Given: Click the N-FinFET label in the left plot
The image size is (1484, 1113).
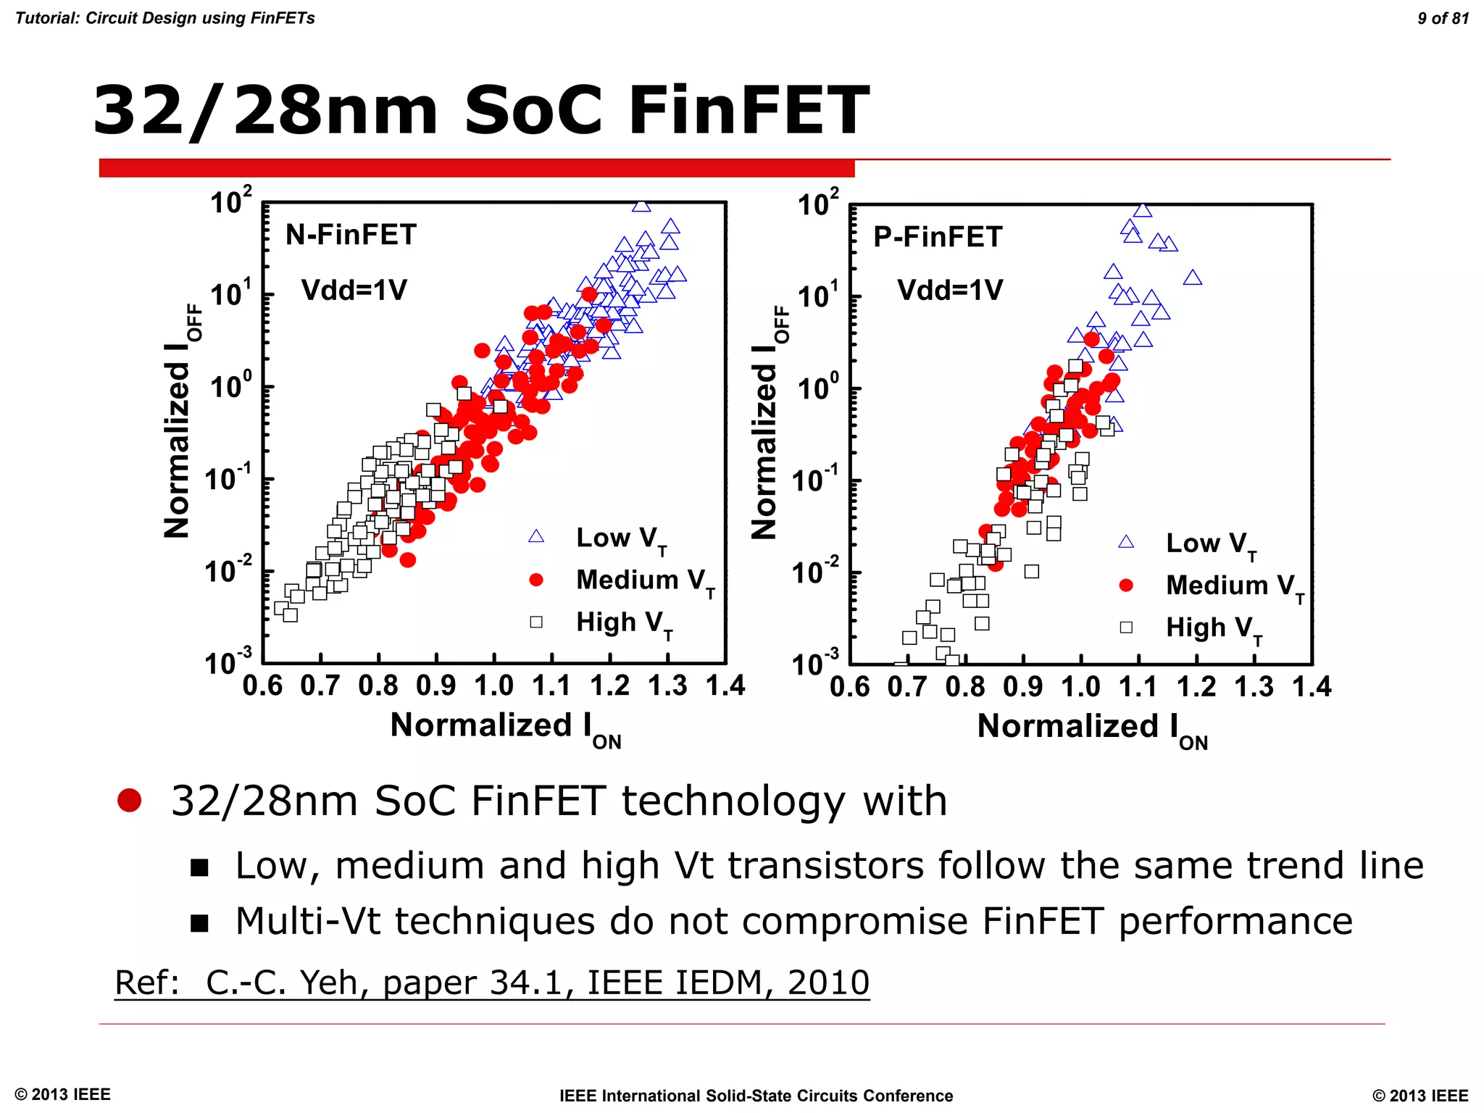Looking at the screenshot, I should (x=351, y=235).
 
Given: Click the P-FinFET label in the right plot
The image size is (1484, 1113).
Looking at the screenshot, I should (x=938, y=237).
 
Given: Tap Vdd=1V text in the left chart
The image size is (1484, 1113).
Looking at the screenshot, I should (x=354, y=291).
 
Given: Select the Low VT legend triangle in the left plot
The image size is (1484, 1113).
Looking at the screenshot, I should (x=536, y=536).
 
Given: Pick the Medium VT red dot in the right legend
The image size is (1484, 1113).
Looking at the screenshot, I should (x=1126, y=585).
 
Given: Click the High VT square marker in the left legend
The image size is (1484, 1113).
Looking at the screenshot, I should (x=536, y=622).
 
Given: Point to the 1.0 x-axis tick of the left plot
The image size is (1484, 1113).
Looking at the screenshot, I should (x=493, y=685).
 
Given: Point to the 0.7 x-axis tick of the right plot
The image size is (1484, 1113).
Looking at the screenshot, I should (x=907, y=687).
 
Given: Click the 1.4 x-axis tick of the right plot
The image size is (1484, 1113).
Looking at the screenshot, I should (x=1312, y=687).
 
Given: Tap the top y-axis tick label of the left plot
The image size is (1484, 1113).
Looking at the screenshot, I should (x=230, y=201).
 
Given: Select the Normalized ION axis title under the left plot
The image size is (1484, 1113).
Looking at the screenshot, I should (x=505, y=727).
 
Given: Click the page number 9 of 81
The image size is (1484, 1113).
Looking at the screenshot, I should (x=1443, y=18).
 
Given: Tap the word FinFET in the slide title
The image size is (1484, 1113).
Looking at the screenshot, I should (x=749, y=110).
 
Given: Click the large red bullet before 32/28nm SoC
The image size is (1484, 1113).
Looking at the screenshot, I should (x=130, y=800).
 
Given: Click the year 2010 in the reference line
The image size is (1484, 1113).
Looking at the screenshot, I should (x=828, y=983).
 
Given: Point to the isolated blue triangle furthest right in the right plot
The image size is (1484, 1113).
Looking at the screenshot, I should (x=1193, y=278).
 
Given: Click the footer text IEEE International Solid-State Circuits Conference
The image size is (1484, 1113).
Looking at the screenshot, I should (x=756, y=1096).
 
